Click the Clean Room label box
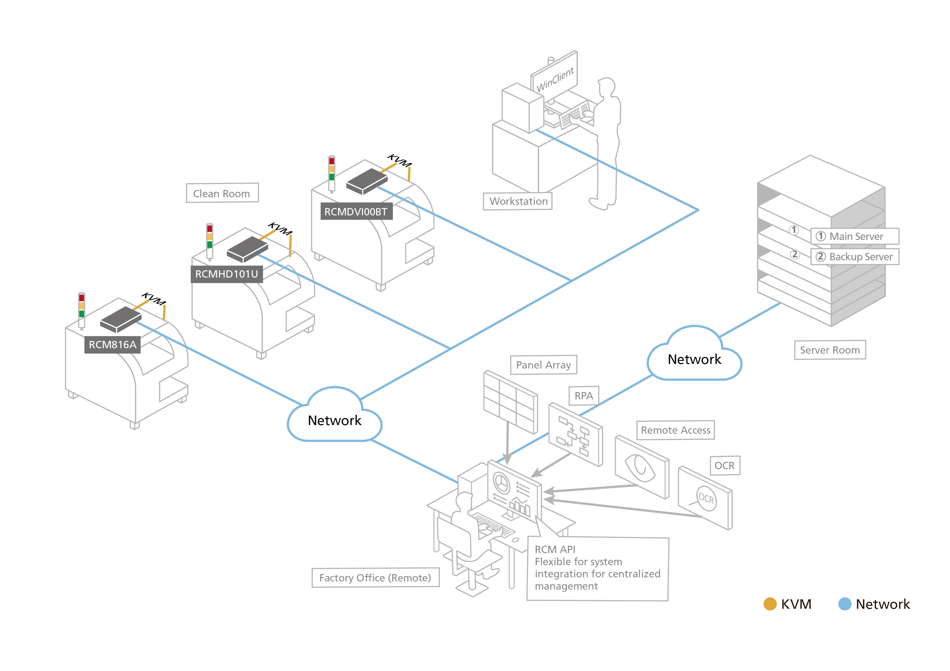click(222, 193)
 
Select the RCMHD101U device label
click(226, 274)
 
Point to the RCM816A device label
click(113, 345)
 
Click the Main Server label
click(855, 236)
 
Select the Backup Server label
click(855, 257)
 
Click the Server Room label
click(829, 350)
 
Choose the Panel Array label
click(543, 365)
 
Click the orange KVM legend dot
click(770, 604)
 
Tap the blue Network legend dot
click(844, 604)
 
